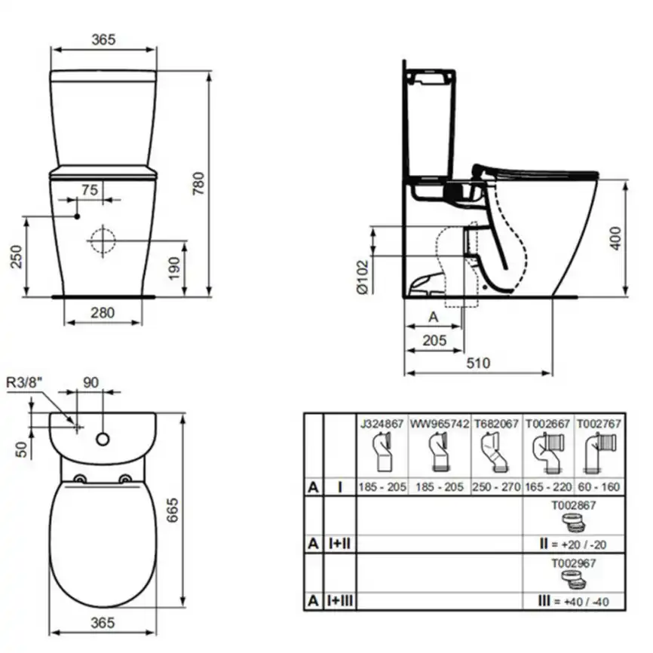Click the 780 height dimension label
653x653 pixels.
coord(198,182)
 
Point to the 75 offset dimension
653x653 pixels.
coord(90,191)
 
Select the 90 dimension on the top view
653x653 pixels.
coord(90,382)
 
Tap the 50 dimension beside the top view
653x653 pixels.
coord(23,449)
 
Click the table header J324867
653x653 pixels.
coord(381,424)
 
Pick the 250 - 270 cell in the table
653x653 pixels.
coord(496,487)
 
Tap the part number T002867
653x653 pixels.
coord(573,506)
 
